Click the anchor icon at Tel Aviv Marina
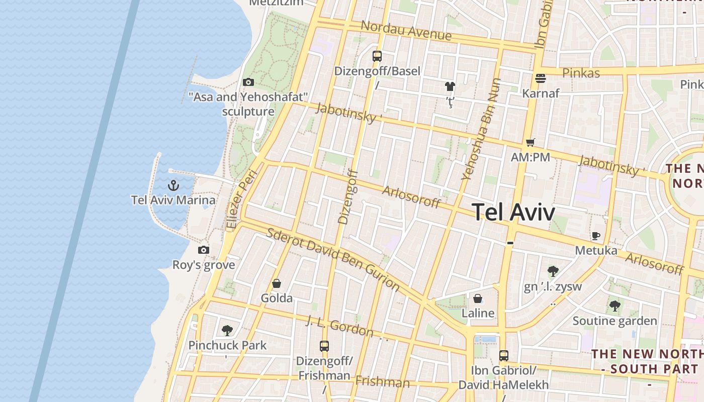173,185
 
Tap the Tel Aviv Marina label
173,200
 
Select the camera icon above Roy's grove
204,250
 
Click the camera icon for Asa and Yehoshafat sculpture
248,82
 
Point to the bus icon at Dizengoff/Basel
377,56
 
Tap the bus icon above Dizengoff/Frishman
324,346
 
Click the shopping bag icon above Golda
276,283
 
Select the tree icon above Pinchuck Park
227,330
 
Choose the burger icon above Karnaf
541,78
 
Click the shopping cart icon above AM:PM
530,142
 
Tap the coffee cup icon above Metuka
596,235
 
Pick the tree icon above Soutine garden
614,306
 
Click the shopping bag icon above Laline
478,298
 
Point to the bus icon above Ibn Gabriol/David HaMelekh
504,356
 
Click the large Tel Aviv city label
513,212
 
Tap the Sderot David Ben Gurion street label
333,259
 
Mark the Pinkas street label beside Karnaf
581,73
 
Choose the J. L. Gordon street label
339,327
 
